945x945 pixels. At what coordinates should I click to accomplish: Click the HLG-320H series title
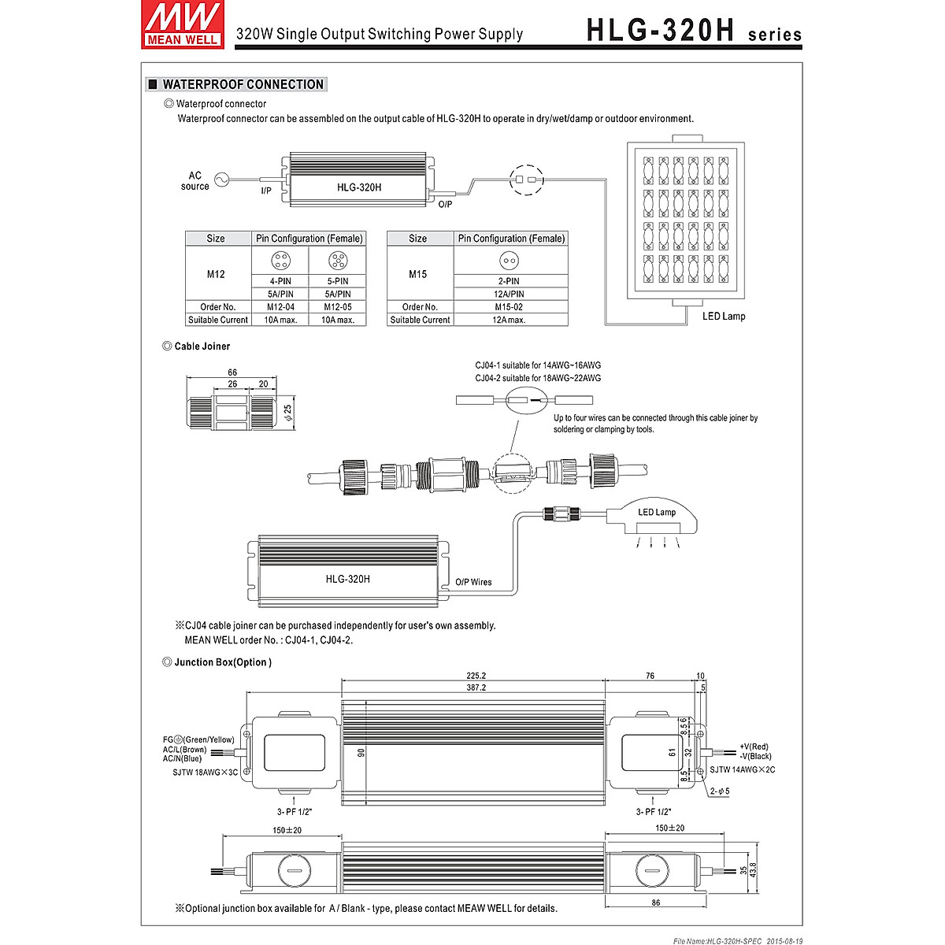coord(694,31)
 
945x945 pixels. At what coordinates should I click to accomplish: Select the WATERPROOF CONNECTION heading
coord(243,84)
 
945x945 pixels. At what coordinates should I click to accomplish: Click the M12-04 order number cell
coord(280,307)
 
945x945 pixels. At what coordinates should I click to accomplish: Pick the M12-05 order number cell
coord(337,307)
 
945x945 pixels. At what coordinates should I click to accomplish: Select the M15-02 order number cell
coord(510,307)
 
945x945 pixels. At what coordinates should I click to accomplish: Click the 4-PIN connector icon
coord(280,261)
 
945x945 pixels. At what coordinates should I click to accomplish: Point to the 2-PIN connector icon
coord(510,261)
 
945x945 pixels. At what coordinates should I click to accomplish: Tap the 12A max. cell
coord(510,320)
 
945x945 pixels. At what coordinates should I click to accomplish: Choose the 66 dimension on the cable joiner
coord(232,372)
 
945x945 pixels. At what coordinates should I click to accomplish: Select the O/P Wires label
coord(473,583)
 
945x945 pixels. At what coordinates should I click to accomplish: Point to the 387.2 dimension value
coord(476,687)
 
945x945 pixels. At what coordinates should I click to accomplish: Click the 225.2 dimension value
coord(476,676)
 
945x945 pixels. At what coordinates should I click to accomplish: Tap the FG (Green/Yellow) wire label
coord(198,739)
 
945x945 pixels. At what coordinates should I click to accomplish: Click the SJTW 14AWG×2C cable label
coord(742,769)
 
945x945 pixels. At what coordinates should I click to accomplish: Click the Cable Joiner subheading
coord(202,346)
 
